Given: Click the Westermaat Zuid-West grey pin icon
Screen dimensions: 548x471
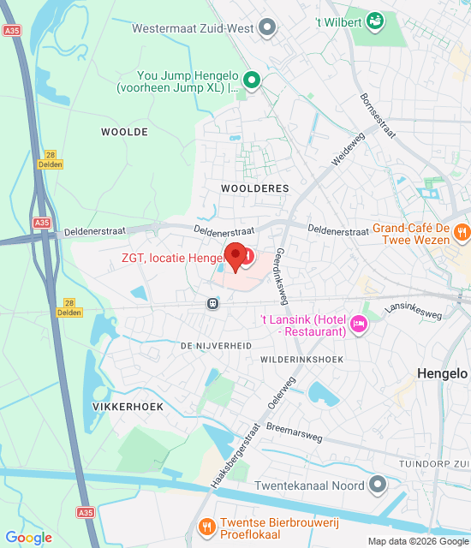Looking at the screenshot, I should [268, 28].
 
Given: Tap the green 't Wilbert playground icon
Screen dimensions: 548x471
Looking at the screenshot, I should [374, 20].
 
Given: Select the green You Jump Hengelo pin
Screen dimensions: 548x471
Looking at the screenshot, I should [252, 80].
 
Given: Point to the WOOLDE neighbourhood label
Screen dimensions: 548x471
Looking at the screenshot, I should [124, 132].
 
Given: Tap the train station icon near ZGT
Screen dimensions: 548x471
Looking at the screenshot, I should [212, 302].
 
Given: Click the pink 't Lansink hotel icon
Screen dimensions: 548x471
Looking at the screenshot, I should [359, 324].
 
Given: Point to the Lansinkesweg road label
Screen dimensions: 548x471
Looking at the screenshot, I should [413, 310].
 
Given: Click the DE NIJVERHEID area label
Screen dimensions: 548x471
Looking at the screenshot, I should [216, 344].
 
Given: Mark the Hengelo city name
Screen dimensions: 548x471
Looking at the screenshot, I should [442, 373].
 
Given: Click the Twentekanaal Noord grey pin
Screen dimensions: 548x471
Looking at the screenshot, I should [378, 485].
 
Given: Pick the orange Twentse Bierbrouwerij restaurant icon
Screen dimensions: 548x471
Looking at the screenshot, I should [206, 525].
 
